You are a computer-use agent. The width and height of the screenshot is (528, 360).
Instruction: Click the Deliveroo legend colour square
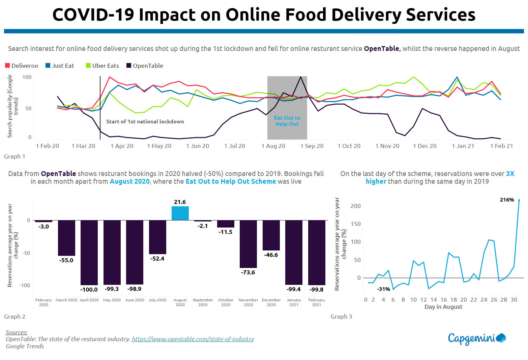[x=7, y=66]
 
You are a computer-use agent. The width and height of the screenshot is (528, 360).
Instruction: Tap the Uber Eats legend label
[x=106, y=66]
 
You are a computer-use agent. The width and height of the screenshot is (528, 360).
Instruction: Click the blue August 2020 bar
[x=180, y=213]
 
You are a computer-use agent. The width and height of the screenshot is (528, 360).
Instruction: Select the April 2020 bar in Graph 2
[x=89, y=252]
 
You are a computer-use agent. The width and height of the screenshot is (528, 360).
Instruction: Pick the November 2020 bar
[x=248, y=244]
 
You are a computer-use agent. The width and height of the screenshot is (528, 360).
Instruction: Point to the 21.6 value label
[x=180, y=202]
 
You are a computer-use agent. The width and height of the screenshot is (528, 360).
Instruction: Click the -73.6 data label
[x=248, y=272]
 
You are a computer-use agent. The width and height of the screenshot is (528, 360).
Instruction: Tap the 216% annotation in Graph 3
[x=507, y=200]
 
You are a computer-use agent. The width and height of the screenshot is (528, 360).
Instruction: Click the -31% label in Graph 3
[x=384, y=289]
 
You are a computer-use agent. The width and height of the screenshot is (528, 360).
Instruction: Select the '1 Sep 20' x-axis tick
[x=312, y=146]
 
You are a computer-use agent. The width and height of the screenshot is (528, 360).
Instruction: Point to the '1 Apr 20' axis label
[x=122, y=146]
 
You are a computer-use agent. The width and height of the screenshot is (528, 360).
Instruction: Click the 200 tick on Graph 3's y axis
[x=355, y=206]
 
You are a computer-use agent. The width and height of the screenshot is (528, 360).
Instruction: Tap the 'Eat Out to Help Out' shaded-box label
[x=287, y=121]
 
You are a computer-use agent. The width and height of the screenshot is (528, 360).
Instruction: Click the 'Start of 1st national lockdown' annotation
[x=145, y=122]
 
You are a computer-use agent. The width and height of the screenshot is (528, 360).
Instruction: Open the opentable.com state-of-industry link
[x=193, y=339]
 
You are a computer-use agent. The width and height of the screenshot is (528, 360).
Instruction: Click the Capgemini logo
[x=477, y=338]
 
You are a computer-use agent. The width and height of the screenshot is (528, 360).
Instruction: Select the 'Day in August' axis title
[x=443, y=307]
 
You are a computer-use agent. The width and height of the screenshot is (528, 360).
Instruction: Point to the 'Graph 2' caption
[x=14, y=317]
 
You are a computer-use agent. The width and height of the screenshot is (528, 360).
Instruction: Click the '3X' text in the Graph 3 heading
[x=510, y=174]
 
